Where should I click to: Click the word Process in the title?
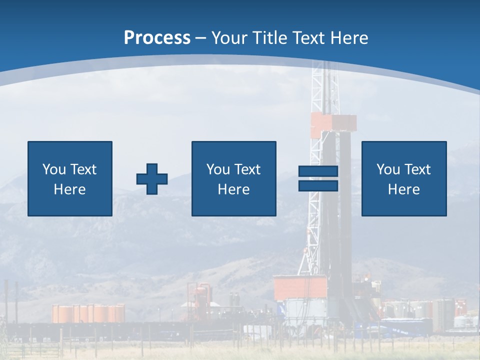coord(157,38)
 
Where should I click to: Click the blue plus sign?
coord(152,179)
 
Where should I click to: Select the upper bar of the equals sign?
coord(318,171)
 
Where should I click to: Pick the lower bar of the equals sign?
coord(318,185)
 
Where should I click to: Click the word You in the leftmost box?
coord(54,169)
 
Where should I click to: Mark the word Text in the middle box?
coord(247,169)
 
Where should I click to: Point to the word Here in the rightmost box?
coord(403,189)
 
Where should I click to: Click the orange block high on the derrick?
coord(333,123)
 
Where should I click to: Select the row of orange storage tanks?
coord(88,313)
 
